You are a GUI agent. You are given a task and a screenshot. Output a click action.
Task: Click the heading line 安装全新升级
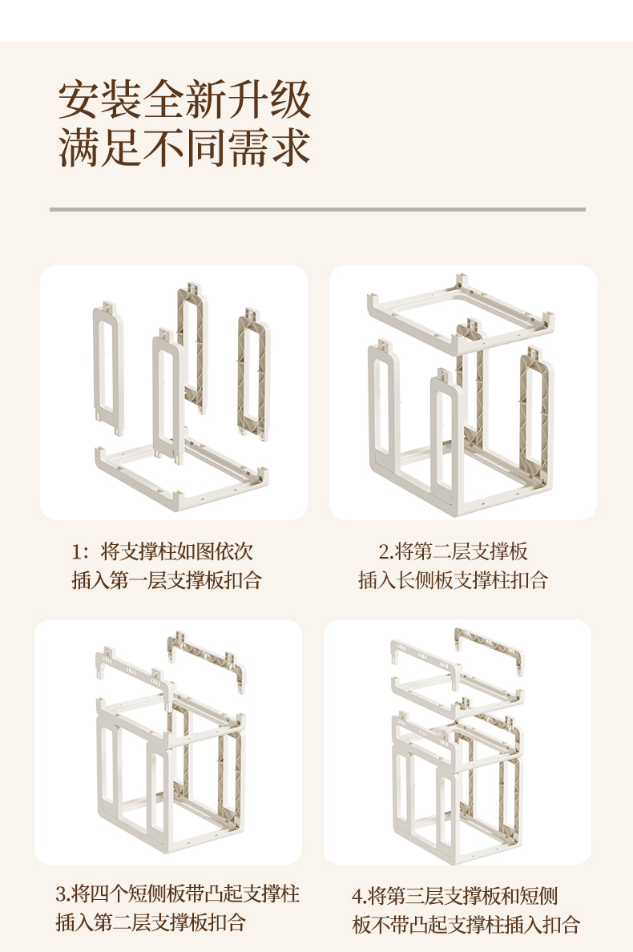(184, 99)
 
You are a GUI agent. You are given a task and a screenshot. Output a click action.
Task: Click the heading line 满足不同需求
(184, 147)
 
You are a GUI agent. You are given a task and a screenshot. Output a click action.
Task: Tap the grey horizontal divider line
(317, 209)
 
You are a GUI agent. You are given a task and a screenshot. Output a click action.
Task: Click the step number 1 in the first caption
(76, 552)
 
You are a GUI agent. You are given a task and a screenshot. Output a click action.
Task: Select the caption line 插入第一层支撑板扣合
(167, 580)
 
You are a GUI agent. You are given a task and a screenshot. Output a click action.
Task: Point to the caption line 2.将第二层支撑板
(453, 551)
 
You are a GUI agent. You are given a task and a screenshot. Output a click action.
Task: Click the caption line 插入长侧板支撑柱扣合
(453, 580)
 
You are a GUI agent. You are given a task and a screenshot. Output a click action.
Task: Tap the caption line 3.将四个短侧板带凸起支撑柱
(178, 894)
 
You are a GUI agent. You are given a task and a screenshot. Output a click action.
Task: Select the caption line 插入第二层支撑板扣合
(151, 922)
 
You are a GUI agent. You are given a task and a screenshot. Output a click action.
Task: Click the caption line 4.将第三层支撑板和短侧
(454, 896)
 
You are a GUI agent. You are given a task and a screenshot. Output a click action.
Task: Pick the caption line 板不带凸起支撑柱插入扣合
(466, 924)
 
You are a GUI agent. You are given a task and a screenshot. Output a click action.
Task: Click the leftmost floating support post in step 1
(109, 367)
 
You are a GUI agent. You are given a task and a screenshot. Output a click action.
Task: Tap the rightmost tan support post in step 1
(253, 373)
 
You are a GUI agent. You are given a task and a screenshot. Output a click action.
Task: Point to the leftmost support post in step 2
(384, 413)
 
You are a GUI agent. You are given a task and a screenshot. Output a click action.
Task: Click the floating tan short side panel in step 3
(207, 662)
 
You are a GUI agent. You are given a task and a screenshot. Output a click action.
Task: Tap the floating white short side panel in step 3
(135, 674)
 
